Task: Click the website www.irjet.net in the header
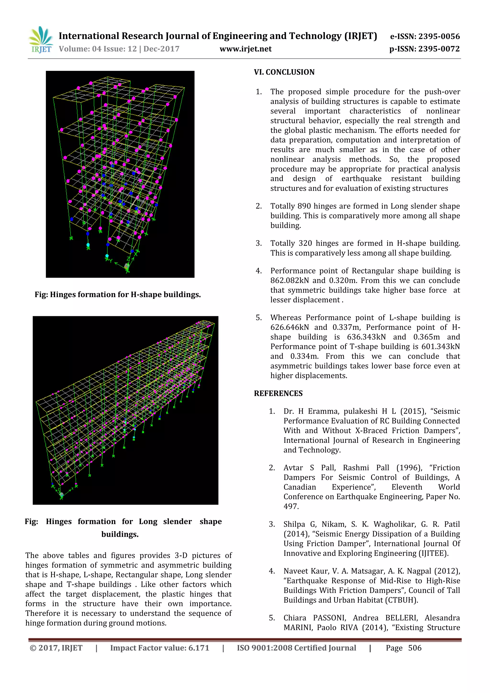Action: [x=245, y=49]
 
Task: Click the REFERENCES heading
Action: [x=278, y=393]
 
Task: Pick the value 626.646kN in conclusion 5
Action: [x=290, y=327]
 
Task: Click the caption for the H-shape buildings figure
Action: [x=117, y=294]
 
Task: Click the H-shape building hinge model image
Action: [x=120, y=174]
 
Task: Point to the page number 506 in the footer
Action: [x=415, y=648]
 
